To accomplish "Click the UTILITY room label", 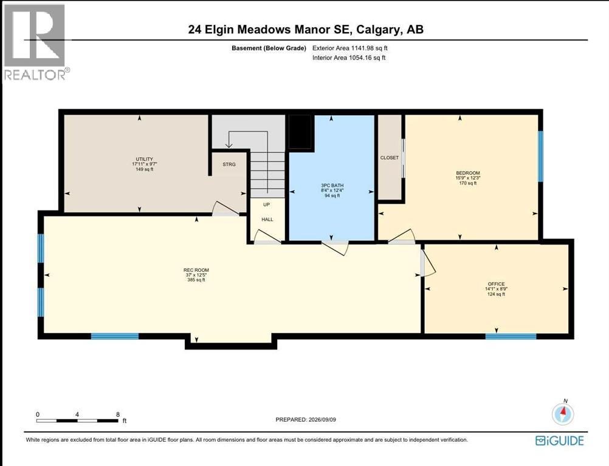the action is click(144, 159).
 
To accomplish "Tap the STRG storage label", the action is click(229, 164).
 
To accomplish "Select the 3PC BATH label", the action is click(332, 185).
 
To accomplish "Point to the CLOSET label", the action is click(390, 158).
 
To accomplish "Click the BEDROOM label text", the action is click(468, 173).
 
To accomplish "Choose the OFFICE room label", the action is click(497, 284).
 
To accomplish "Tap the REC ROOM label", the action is click(196, 270).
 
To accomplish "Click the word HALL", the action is click(267, 220).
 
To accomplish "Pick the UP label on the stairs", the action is click(266, 204).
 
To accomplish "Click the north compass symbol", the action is click(563, 413).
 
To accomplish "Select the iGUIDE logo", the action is click(560, 441).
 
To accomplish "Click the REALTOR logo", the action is click(35, 42).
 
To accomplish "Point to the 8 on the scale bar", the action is click(118, 414).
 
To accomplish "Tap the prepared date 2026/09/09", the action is click(322, 419).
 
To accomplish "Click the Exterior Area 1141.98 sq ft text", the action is click(350, 48).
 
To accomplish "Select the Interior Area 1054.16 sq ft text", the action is click(349, 58).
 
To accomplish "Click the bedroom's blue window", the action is click(540, 156).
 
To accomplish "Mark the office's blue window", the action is click(511, 336).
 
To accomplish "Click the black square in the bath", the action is click(301, 132).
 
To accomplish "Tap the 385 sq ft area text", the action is click(196, 280).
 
